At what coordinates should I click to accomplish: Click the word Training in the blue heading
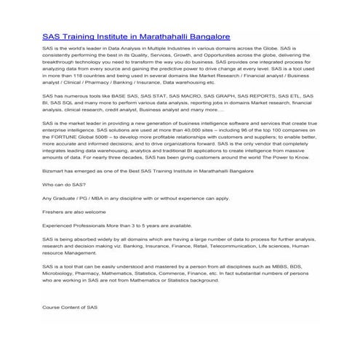78,35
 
